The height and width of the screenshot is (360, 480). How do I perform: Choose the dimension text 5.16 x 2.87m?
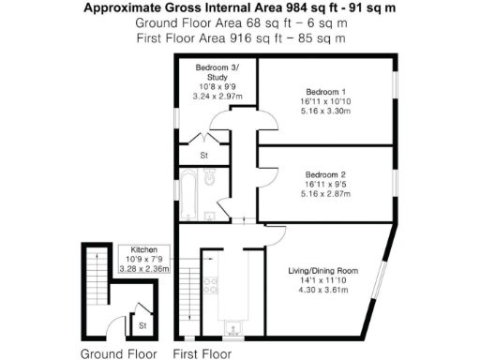click(x=323, y=194)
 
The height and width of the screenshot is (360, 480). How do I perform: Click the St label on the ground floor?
click(x=142, y=324)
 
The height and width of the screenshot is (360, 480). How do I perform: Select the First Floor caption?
click(x=202, y=353)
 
